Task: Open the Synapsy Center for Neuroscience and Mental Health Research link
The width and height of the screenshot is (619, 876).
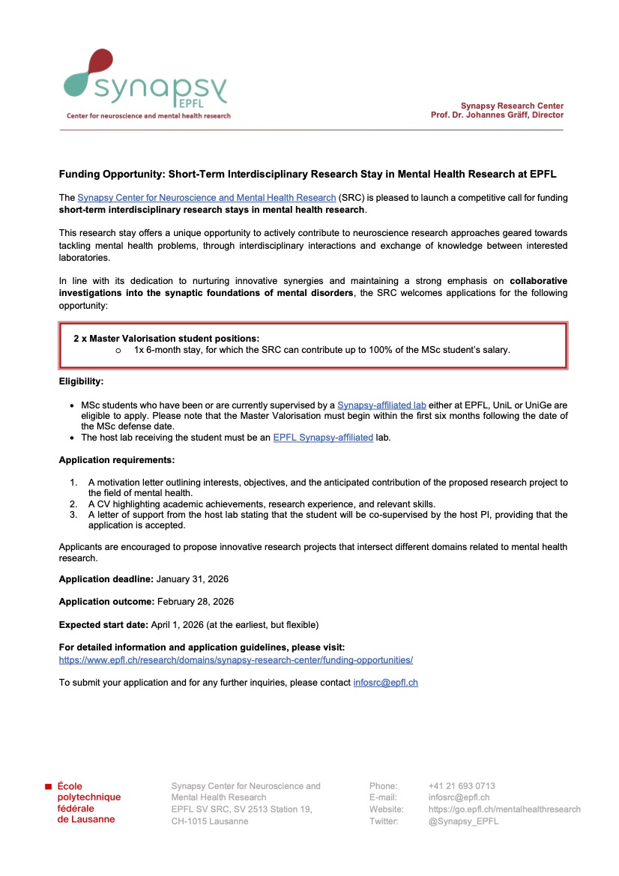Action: point(206,198)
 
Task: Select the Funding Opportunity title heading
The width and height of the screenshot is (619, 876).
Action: point(308,174)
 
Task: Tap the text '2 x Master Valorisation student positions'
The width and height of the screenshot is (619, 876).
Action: point(166,339)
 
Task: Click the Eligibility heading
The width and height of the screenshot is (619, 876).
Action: point(81,381)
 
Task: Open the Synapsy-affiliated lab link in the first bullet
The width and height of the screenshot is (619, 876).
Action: point(381,405)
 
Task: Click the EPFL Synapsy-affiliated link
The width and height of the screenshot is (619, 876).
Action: point(323,438)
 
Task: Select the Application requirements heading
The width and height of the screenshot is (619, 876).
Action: point(116,460)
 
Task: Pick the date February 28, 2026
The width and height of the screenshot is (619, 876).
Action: point(196,602)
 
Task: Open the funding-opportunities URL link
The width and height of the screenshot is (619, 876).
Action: point(236,660)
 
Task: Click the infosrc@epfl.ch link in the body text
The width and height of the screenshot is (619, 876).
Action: point(385,683)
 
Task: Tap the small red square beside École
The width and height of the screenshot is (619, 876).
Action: point(49,786)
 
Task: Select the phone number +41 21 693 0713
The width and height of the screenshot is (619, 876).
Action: point(462,786)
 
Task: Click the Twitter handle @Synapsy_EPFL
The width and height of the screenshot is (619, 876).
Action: point(463,821)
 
